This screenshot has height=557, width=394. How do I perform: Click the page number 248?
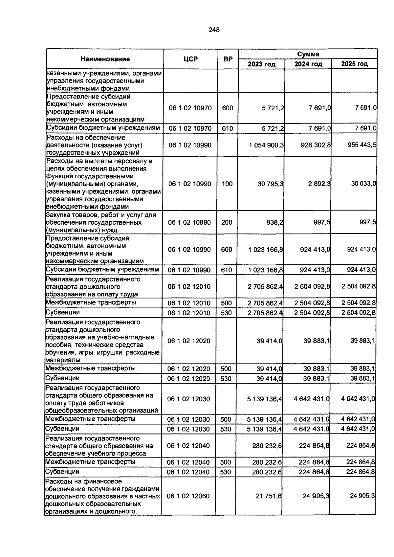tap(214, 30)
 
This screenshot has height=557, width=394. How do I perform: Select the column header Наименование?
tap(105, 59)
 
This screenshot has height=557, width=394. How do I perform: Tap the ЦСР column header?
tap(191, 59)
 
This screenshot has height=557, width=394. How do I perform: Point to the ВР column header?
tap(228, 59)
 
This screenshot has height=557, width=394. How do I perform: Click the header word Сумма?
tap(308, 54)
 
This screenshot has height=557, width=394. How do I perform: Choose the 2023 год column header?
tap(261, 64)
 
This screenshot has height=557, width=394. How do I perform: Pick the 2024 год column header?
tap(308, 64)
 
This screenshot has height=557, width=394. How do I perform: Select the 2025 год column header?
tap(354, 64)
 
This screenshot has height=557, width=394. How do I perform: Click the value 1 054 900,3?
tap(266, 145)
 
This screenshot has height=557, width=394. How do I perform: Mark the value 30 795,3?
tap(271, 184)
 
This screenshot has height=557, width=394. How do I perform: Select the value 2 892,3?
tap(319, 184)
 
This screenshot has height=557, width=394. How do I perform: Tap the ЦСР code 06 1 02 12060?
tap(188, 496)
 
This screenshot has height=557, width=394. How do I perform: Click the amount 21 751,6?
tap(269, 496)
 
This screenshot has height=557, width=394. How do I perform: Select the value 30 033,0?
tap(363, 184)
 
